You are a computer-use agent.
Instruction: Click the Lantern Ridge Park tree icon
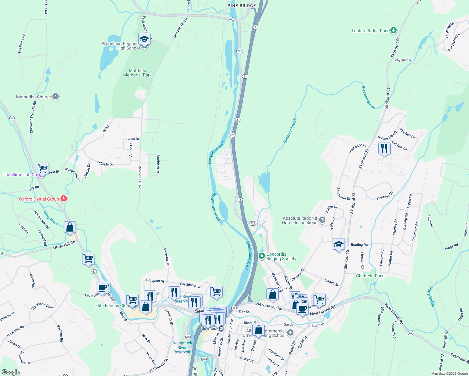coord(393,30)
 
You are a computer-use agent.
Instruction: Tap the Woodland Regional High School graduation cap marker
coord(144,39)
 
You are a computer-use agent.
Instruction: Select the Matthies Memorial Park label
coord(137,73)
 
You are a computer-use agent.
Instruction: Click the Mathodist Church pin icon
coord(55,97)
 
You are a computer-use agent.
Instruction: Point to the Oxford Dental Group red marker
coord(64,199)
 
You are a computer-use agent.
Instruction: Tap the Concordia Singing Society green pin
coord(262,256)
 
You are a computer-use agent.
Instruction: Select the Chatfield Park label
coord(370,276)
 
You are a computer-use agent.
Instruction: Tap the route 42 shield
coord(230,19)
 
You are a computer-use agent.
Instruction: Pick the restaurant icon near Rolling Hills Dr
coord(384,148)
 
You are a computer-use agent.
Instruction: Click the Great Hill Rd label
coord(64,245)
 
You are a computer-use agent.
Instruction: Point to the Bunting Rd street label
coord(359,245)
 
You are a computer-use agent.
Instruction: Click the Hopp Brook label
coord(431,296)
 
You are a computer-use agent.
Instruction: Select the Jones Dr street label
coord(132,138)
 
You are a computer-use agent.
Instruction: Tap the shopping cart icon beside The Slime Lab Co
coord(43,169)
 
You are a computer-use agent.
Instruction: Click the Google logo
coord(11,372)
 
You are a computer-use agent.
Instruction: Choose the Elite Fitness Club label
coord(112,305)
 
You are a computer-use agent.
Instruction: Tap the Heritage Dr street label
coord(385,196)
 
